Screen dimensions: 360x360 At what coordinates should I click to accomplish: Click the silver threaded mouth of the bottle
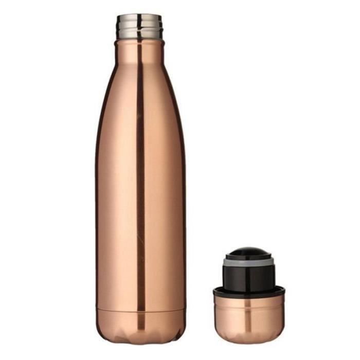click(139, 28)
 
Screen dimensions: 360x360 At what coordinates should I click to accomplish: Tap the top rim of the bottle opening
click(139, 16)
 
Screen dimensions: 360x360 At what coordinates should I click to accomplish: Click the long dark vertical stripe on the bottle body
click(140, 180)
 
